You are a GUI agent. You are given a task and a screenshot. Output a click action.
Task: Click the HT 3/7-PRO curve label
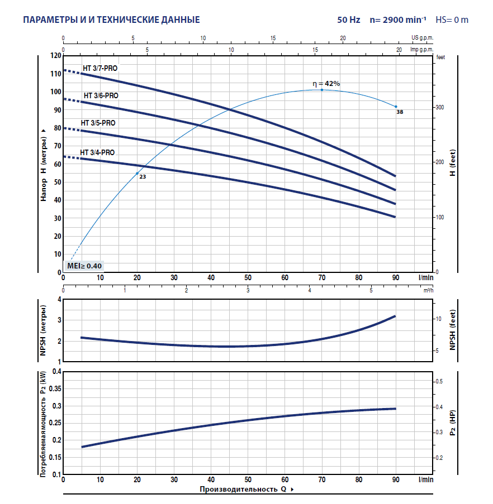click(101, 68)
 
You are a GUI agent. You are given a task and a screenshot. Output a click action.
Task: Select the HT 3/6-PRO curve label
click(101, 95)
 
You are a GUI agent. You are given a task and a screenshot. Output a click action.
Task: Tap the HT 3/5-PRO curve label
click(98, 123)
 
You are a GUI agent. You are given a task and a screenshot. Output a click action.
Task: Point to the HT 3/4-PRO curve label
click(97, 152)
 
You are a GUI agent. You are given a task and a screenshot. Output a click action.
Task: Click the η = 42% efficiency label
click(326, 84)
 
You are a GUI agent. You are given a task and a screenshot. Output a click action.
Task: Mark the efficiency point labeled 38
click(396, 107)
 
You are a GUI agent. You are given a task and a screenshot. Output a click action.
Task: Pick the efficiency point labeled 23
click(137, 174)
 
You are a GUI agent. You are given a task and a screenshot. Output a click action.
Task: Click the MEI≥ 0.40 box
click(84, 266)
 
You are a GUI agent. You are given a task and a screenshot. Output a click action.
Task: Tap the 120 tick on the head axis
click(55, 56)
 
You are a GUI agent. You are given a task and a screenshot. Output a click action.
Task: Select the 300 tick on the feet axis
click(440, 107)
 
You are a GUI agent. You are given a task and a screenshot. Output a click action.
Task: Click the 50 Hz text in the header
click(349, 20)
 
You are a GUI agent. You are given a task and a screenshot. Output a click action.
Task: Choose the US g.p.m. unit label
click(422, 37)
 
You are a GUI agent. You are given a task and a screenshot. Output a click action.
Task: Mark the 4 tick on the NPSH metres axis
click(58, 300)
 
